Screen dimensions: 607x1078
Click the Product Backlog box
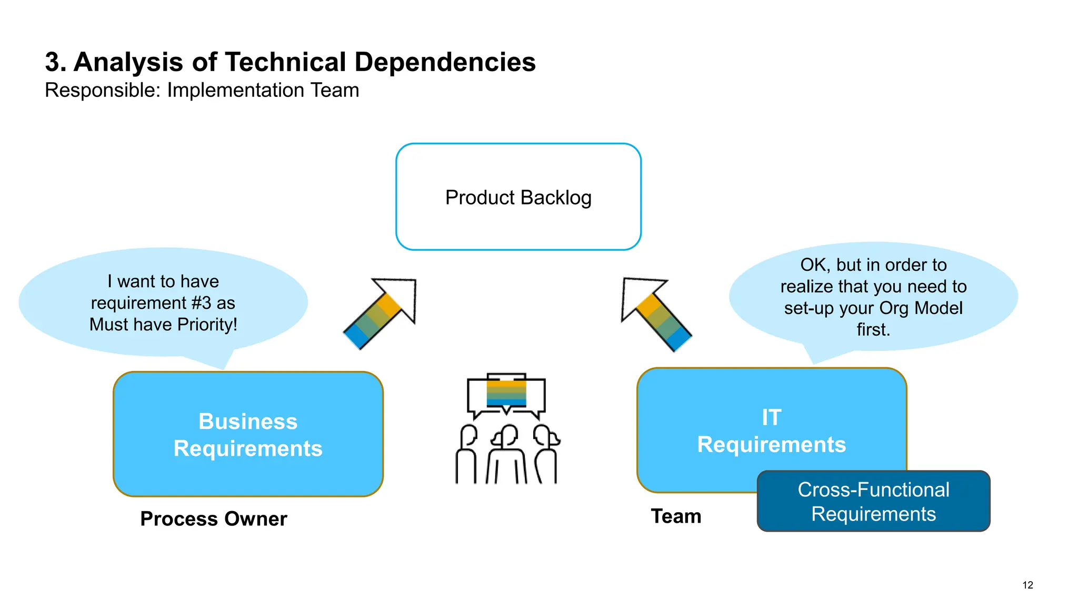[518, 197]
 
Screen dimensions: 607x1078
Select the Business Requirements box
[248, 434]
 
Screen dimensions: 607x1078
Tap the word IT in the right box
[771, 417]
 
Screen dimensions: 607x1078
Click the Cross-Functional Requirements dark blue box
[873, 501]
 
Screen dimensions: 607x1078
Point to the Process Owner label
[214, 519]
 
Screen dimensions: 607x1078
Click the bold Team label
[676, 516]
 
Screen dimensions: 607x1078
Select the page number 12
[1027, 585]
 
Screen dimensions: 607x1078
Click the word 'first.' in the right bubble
[873, 329]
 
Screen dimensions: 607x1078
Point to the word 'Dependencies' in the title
[445, 62]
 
